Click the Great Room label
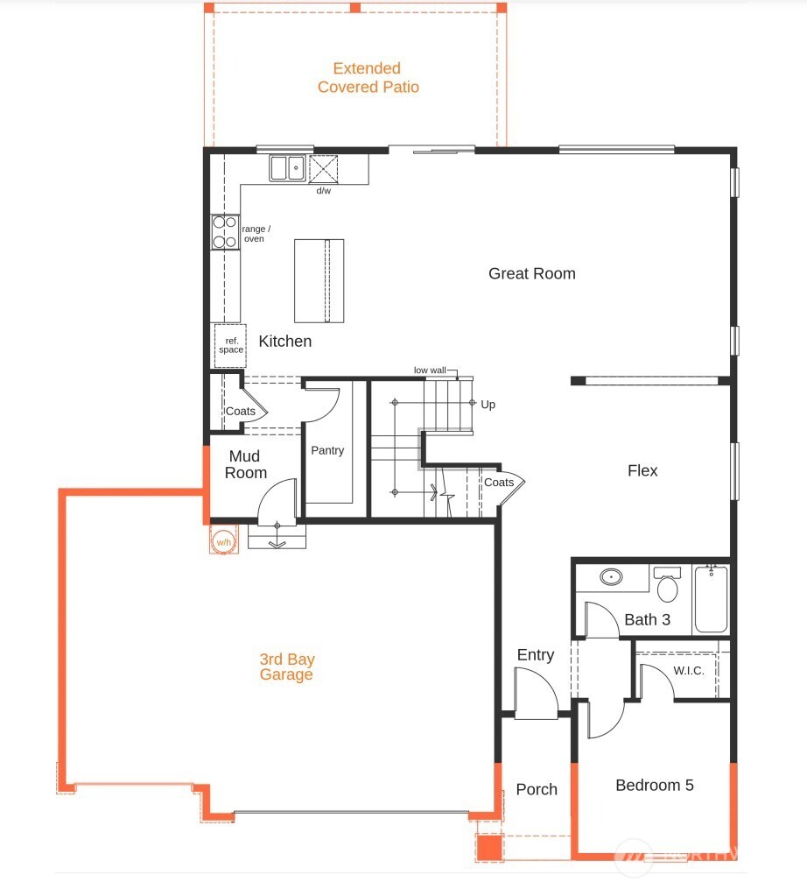click(531, 273)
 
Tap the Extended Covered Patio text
click(368, 78)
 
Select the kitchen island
click(318, 280)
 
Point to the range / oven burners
click(225, 232)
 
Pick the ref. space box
click(230, 345)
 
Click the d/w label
click(324, 191)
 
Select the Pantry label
click(327, 450)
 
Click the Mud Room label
click(246, 464)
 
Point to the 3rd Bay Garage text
click(286, 667)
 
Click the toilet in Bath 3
click(668, 586)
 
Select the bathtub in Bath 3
click(711, 600)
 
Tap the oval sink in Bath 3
click(611, 577)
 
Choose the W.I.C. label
click(689, 671)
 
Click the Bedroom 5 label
click(654, 785)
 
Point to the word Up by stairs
click(488, 405)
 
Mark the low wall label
click(430, 370)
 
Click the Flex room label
click(642, 470)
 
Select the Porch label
click(537, 789)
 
